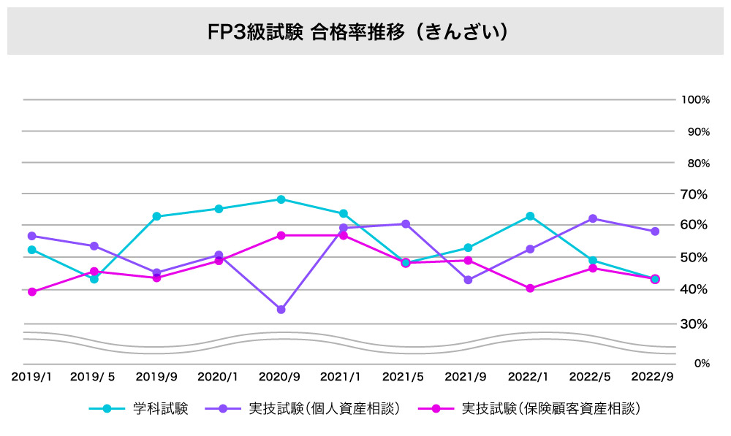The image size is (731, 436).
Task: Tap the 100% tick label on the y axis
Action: pos(694,100)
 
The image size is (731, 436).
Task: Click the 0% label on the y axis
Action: pos(701,363)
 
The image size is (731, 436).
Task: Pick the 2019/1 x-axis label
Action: pos(31,377)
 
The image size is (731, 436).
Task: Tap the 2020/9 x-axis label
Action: pos(280,377)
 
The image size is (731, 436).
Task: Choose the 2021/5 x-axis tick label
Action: pos(404,377)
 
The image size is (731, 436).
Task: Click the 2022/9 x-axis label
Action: pos(654,377)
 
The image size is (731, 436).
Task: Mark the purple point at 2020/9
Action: pos(281,310)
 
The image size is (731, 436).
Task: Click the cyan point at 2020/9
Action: pos(281,199)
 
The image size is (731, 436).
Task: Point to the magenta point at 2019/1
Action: pos(31,291)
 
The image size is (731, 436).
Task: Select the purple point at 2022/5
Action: pos(592,218)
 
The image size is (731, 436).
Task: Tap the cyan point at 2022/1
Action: pos(530,216)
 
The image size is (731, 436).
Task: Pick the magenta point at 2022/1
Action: pos(530,288)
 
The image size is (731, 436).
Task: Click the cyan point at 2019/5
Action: pos(94,279)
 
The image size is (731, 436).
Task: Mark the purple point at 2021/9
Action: pos(468,280)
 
